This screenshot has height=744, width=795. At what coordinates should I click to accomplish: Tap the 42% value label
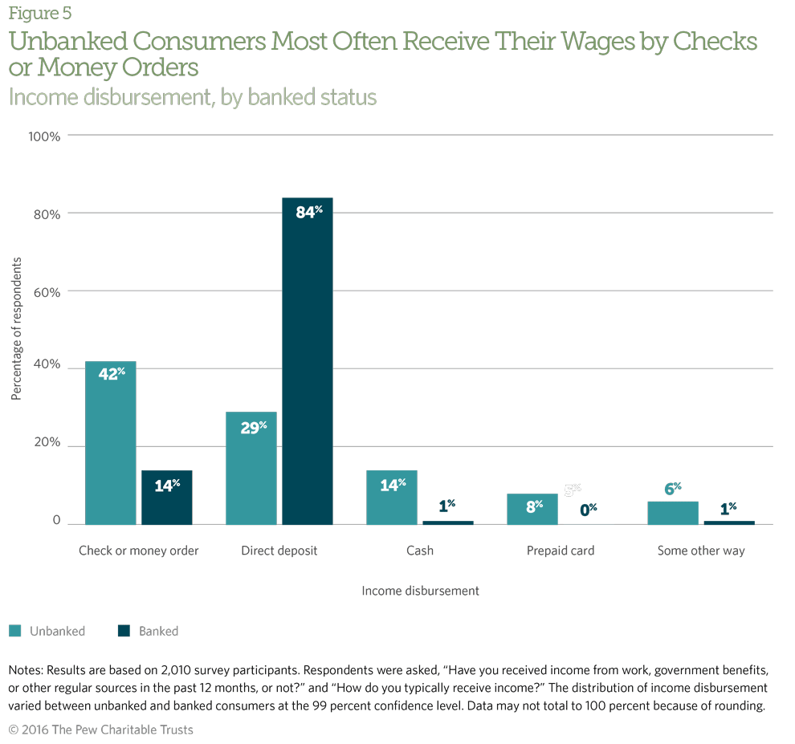coord(112,373)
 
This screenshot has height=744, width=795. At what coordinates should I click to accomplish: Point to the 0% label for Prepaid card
coord(590,508)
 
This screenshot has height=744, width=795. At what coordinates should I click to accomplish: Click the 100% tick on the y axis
coord(44,136)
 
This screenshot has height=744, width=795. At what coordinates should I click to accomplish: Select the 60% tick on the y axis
coord(46,292)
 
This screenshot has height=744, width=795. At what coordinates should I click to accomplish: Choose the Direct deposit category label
coord(279,551)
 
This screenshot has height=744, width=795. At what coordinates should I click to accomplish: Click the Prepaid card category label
coord(561,551)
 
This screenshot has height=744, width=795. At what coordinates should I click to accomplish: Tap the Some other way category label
coord(701,551)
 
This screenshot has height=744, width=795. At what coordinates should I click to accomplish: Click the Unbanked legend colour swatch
coord(15,631)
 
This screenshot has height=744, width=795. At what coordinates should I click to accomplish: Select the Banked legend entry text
coord(158,631)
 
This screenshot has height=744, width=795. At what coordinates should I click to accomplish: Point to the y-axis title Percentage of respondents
coord(15,329)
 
